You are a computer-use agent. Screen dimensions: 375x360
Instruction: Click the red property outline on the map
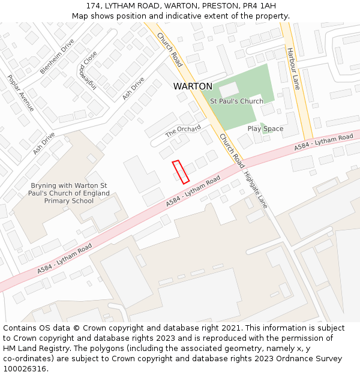click(x=181, y=172)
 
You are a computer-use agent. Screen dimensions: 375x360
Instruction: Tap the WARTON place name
click(x=193, y=86)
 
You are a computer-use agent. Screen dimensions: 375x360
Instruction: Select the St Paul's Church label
click(x=236, y=101)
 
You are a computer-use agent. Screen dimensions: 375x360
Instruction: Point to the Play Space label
click(x=265, y=129)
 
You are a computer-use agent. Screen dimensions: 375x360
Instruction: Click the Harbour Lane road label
click(x=293, y=68)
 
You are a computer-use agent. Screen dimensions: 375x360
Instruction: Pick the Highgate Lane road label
click(x=256, y=190)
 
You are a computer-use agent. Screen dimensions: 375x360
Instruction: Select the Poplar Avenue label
click(x=21, y=93)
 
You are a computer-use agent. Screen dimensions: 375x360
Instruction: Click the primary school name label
click(x=70, y=193)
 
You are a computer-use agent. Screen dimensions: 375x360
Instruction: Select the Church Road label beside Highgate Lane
click(x=232, y=151)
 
